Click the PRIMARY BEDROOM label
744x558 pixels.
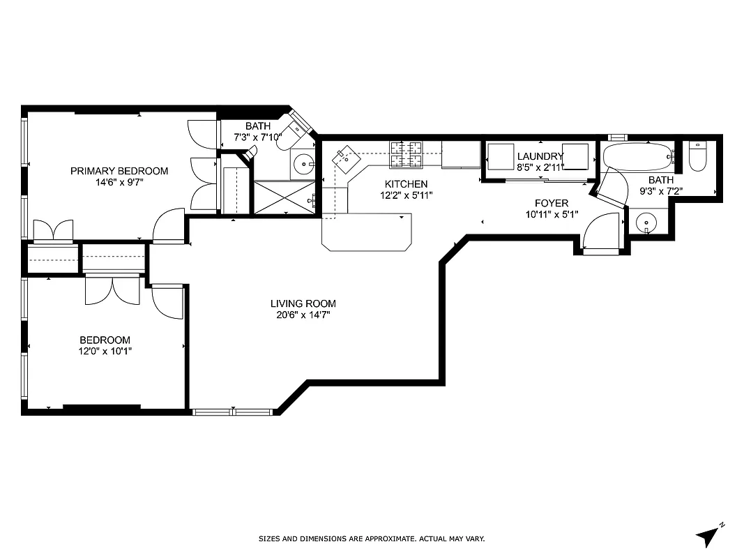(x=119, y=171)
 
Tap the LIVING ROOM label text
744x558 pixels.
(x=303, y=303)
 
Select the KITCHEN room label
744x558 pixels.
(x=406, y=184)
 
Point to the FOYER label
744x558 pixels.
(x=552, y=203)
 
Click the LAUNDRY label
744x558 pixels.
(x=540, y=156)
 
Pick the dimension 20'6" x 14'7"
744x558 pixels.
(x=303, y=315)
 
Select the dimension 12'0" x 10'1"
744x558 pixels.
(x=105, y=352)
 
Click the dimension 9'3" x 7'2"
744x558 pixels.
(x=660, y=190)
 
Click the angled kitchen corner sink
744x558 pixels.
(x=347, y=159)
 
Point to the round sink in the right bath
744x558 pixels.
(x=647, y=223)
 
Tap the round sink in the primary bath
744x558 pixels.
(x=303, y=165)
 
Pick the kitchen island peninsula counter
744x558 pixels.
(x=366, y=232)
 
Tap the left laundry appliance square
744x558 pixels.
(x=500, y=157)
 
